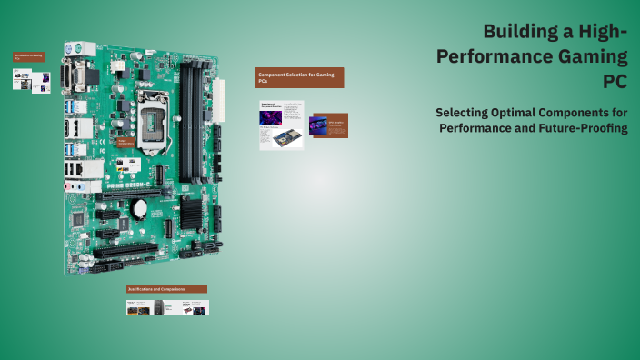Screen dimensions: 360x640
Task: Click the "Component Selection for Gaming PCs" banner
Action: click(299, 77)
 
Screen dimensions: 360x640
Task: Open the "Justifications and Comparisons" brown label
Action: click(167, 289)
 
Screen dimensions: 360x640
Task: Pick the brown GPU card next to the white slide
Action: click(328, 125)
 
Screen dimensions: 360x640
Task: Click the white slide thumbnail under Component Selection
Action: click(281, 125)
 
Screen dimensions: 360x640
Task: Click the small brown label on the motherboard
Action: click(125, 143)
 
